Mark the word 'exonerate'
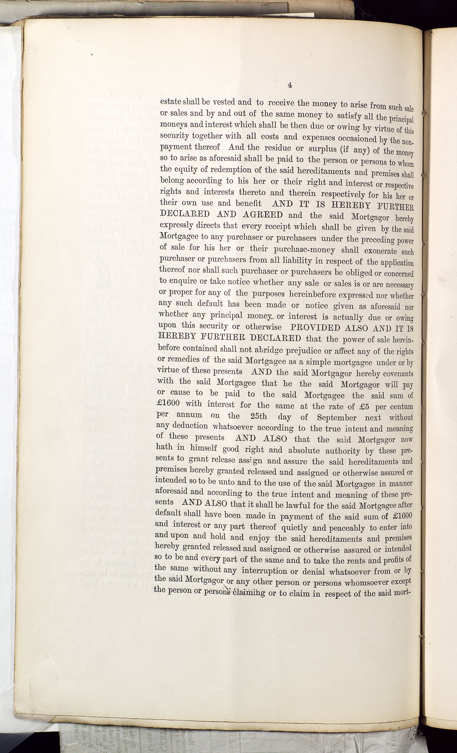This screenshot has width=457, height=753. coord(380,251)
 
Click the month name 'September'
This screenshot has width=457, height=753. coord(337,417)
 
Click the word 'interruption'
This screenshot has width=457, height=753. coord(264,570)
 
